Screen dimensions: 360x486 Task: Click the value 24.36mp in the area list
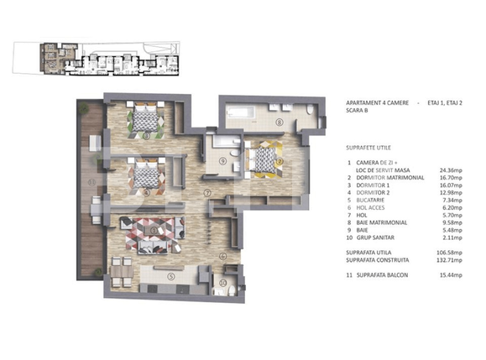[454, 170]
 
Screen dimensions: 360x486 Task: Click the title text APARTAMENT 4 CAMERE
[378, 102]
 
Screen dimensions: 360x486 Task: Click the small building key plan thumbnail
[108, 61]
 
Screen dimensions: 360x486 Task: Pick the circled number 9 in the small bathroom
[222, 161]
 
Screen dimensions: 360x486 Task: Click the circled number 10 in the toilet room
[222, 283]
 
